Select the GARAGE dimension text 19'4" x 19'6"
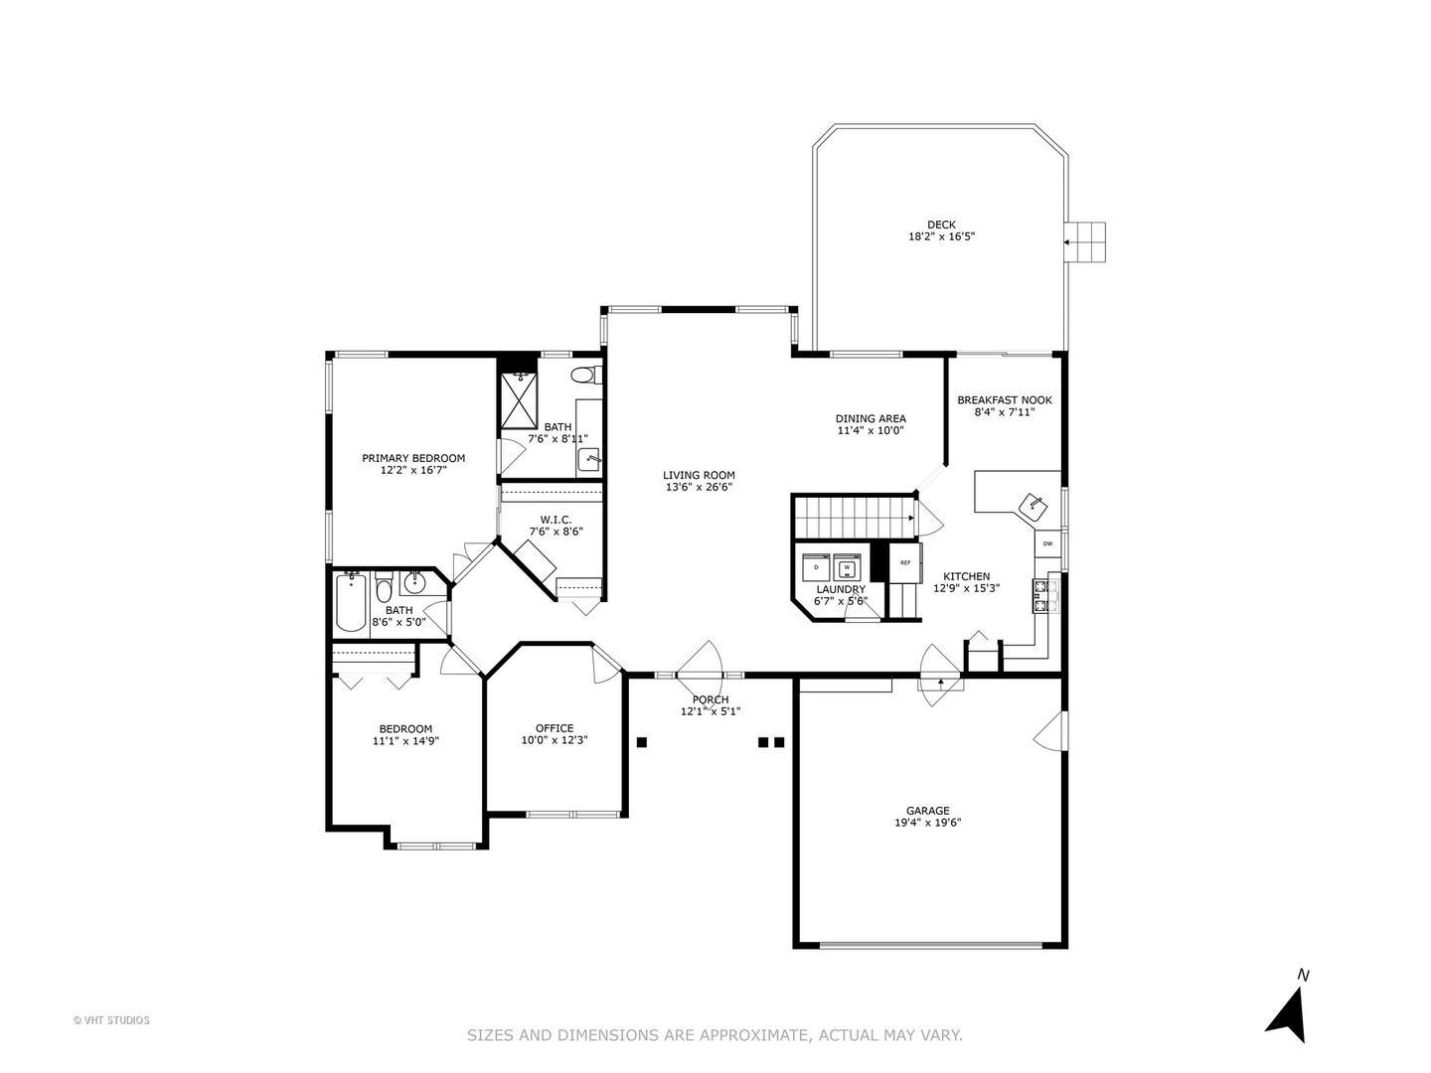926,823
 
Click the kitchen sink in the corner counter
1033,505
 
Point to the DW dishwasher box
1047,543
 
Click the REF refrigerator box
904,562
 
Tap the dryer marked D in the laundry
816,566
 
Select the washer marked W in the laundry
847,566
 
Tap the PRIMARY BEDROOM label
412,458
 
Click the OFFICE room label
555,728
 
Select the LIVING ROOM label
699,475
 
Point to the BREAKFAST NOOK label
1004,400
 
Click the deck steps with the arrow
1085,241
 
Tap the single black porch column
642,741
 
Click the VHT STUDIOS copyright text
111,1019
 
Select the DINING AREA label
870,418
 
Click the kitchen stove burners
1043,595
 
